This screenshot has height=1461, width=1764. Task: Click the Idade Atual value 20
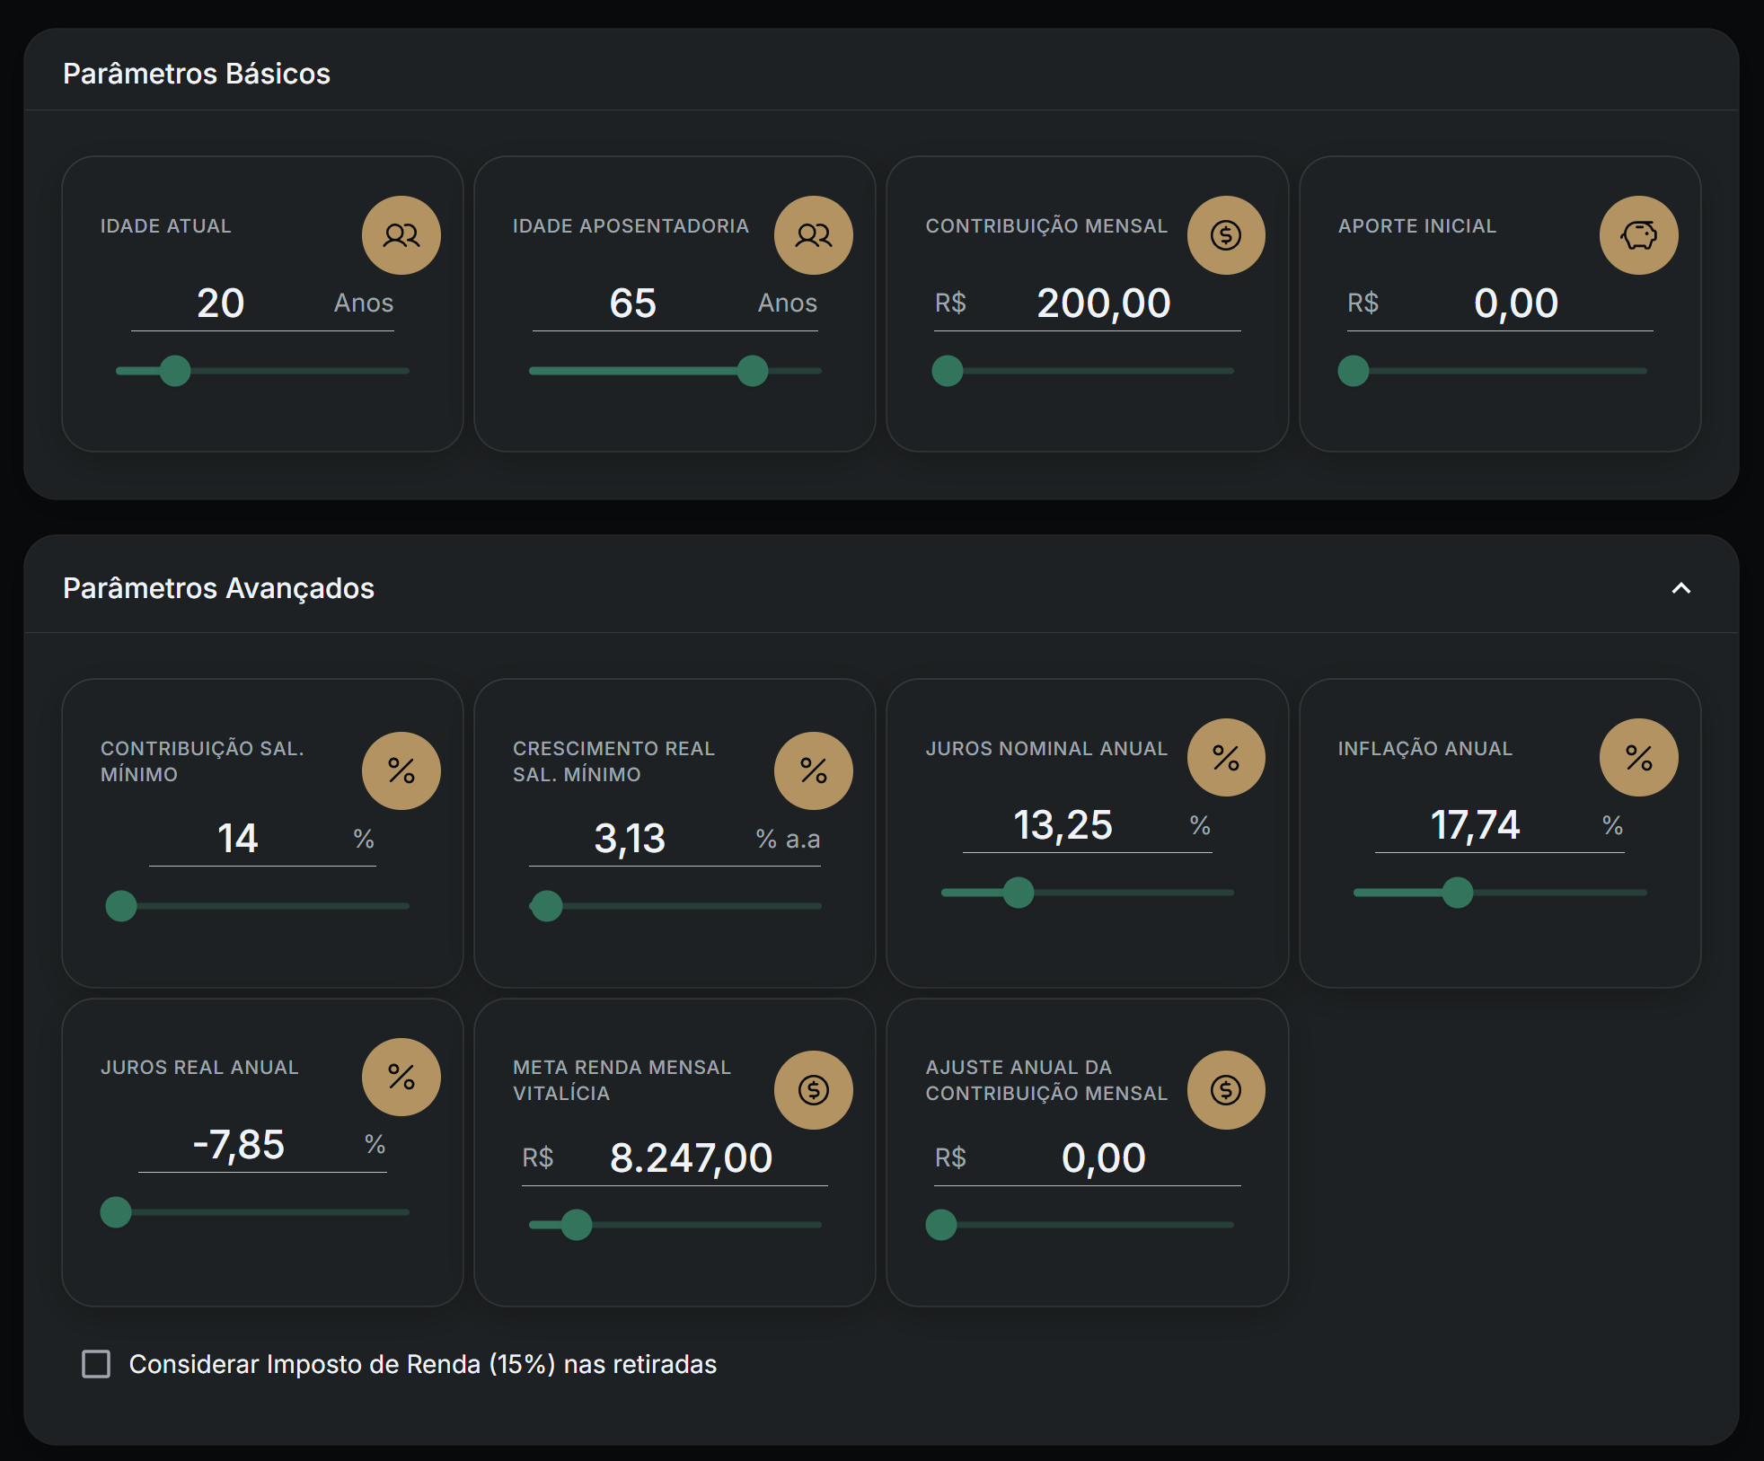221,304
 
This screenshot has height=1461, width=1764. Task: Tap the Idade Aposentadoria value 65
633,304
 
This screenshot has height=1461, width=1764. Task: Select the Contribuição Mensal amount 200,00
1104,304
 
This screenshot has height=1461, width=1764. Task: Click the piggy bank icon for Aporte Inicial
1638,235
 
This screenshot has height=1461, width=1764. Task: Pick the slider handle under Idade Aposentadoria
753,371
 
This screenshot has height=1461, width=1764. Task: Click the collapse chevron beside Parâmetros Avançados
1681,588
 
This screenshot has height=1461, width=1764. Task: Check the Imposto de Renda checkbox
96,1364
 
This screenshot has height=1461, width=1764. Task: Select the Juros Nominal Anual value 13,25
1063,825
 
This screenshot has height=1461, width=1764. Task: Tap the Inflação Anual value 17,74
1475,825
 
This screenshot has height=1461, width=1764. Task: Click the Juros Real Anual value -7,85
239,1145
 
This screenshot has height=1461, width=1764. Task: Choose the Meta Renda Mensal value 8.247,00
691,1158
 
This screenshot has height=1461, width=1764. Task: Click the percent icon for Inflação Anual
1638,758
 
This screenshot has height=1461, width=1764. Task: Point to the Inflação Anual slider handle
1458,893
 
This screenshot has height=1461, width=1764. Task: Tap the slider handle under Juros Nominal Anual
1019,893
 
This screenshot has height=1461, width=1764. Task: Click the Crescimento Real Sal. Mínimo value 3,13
630,839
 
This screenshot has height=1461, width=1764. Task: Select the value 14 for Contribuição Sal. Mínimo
238,839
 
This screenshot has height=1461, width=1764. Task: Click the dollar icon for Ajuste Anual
1226,1090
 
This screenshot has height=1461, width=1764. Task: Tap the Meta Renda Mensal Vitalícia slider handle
577,1225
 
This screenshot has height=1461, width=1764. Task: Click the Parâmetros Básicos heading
197,74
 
